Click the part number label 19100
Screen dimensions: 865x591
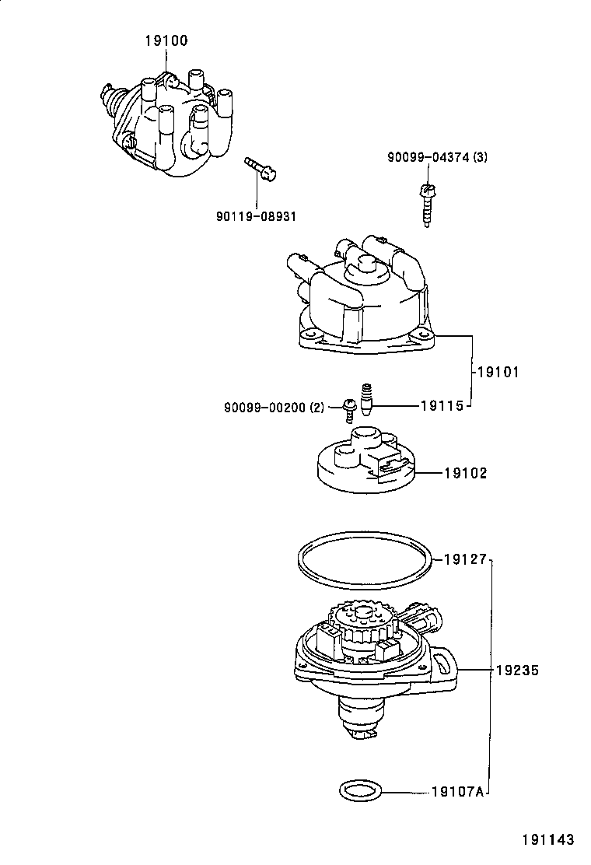pos(165,40)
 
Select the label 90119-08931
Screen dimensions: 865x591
pos(256,215)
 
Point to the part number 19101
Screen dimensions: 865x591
pos(497,372)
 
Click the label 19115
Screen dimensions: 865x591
pos(442,405)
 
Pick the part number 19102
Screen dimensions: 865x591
pos(466,472)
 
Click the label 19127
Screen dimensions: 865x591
pos(465,559)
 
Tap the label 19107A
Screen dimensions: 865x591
pos(458,793)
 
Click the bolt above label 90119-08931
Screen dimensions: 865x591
pos(258,169)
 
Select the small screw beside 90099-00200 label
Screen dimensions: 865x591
pos(349,408)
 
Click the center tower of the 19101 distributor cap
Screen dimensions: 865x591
pos(363,274)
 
